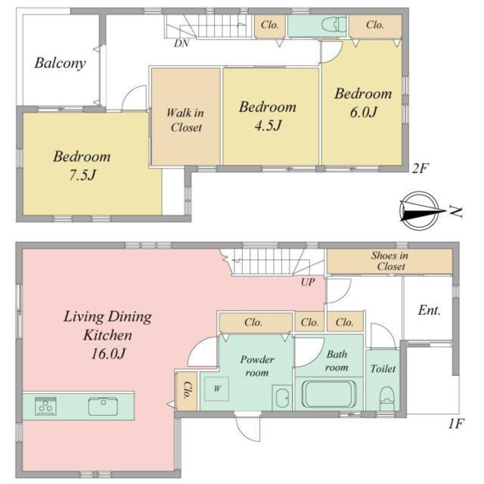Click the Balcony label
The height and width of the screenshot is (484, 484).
point(60,64)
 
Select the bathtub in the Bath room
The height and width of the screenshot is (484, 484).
point(329,394)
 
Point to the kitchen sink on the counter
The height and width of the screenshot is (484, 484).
point(103,406)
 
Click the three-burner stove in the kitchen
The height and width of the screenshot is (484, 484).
point(45,406)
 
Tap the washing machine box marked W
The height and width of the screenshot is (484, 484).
point(217,389)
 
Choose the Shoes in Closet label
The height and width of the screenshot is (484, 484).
point(390,261)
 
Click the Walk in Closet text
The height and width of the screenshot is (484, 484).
point(185,120)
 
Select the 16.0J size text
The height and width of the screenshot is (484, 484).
point(108,353)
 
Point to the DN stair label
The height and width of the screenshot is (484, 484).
point(181,44)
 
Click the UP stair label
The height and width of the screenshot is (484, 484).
point(308,282)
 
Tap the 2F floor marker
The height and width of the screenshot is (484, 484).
point(420,169)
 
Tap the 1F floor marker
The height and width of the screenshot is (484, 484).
point(455,424)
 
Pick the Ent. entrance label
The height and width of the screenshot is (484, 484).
point(429,310)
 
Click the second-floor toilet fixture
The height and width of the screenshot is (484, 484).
point(334,24)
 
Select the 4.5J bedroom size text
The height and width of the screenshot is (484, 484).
point(268,126)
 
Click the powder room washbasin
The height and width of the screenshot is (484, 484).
point(282,398)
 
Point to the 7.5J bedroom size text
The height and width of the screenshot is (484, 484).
point(82,175)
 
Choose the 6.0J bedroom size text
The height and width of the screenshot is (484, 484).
point(363,112)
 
